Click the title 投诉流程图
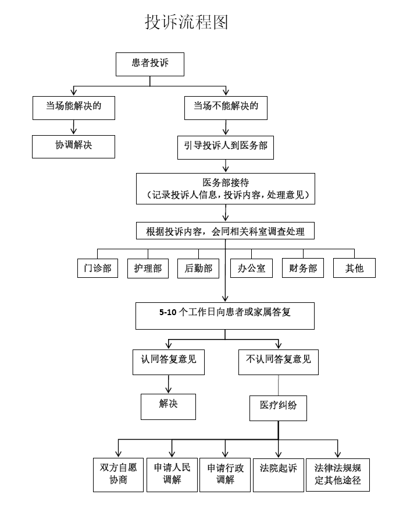(187, 22)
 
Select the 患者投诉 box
(150, 63)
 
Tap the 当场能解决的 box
(74, 107)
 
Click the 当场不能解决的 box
(226, 107)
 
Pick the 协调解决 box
(74, 146)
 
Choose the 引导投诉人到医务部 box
(226, 147)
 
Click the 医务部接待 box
(226, 188)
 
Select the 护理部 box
(148, 268)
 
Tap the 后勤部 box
(198, 268)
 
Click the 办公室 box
(251, 268)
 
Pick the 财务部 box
(303, 268)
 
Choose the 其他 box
(354, 268)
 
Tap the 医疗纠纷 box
(279, 407)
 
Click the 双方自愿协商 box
(118, 475)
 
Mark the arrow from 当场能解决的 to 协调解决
(74, 128)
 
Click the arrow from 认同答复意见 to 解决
(169, 384)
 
